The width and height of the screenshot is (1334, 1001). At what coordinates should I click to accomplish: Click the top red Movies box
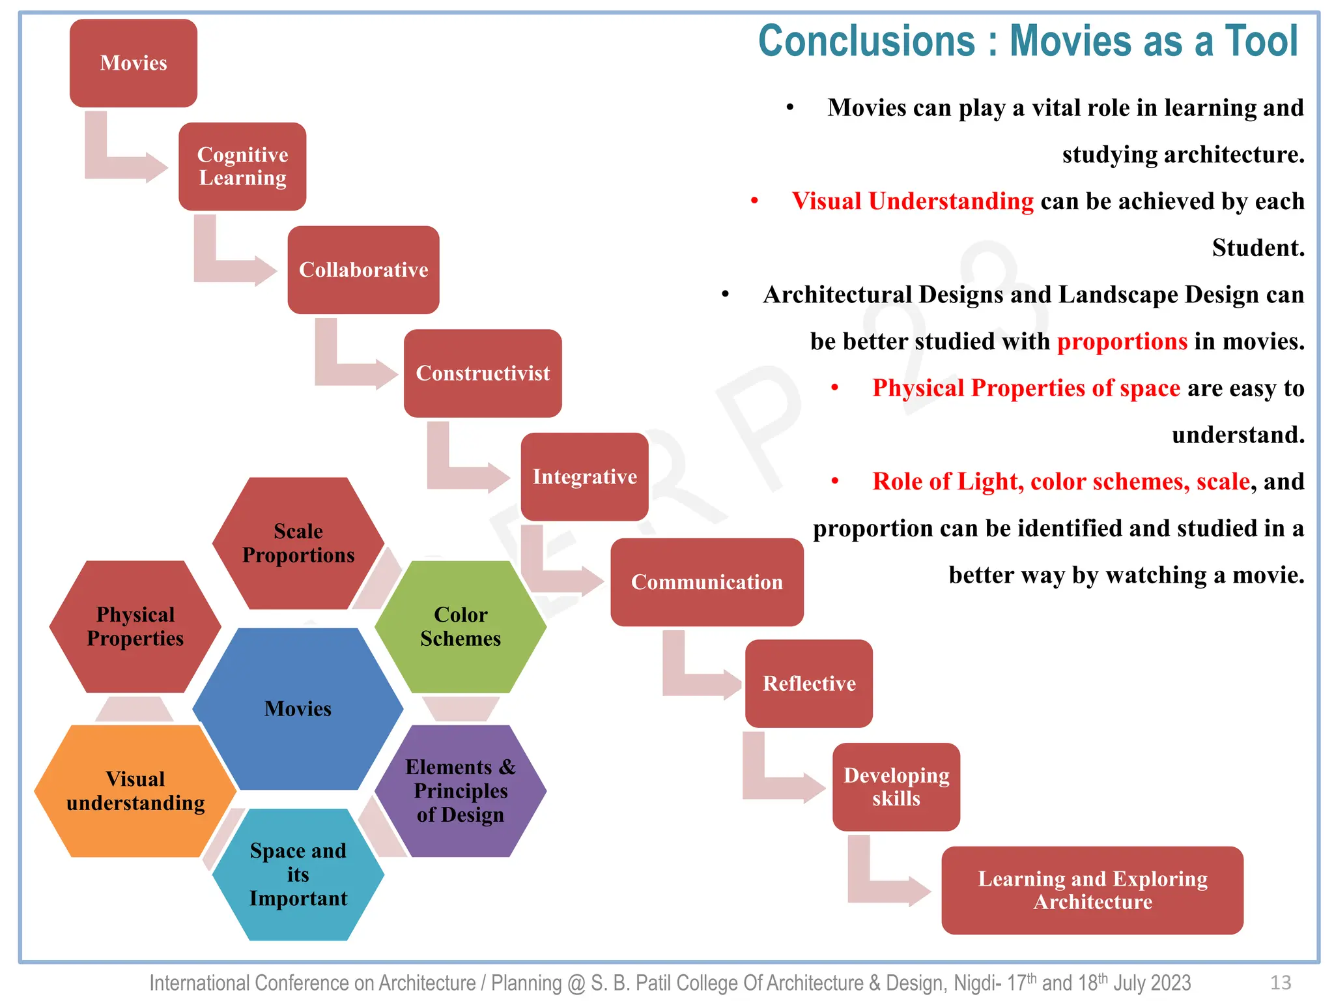tap(134, 63)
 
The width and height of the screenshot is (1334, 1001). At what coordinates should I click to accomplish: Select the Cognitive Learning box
tap(242, 166)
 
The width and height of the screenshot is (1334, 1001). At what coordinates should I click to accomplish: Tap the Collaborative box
tap(363, 270)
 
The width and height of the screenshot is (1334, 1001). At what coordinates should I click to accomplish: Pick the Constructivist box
tap(483, 373)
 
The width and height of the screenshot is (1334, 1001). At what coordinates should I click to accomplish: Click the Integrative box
tap(584, 476)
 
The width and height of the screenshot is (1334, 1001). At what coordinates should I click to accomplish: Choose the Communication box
tap(707, 582)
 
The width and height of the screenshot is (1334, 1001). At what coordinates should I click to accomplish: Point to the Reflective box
tap(809, 684)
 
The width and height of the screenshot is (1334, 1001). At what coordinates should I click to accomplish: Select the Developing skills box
tap(896, 787)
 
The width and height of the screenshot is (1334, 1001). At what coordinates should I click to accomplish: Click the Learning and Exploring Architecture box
tap(1092, 890)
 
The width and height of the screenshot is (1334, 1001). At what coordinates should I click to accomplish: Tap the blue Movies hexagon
tap(298, 709)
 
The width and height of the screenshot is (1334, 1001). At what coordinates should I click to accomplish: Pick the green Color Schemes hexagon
tap(461, 626)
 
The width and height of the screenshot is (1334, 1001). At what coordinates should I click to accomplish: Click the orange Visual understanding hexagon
tap(135, 791)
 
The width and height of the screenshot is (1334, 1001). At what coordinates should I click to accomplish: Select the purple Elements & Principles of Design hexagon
tap(461, 791)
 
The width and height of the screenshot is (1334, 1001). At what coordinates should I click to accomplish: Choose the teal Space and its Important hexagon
tap(298, 875)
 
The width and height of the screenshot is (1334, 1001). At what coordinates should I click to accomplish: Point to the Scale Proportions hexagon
tap(298, 543)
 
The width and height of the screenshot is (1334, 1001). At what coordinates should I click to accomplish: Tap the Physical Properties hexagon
tap(135, 626)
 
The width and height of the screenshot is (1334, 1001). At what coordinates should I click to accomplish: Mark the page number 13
tap(1281, 983)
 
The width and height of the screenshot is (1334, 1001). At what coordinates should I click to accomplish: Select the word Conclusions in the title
tap(866, 41)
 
